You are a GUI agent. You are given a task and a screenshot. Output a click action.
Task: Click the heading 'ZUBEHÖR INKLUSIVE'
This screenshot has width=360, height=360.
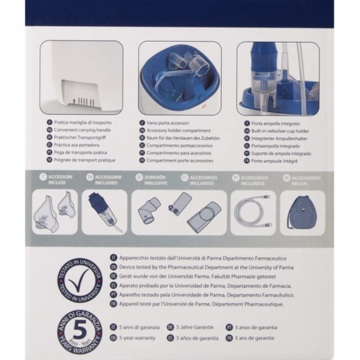pyautogui.click(x=153, y=180)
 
